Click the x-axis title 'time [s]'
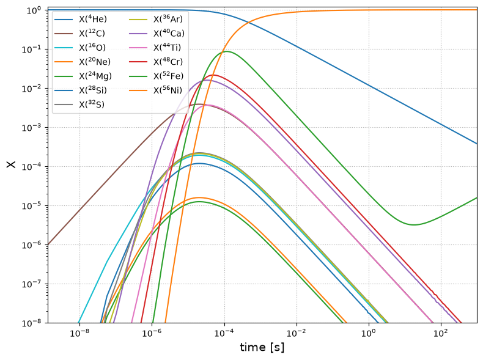[x=262, y=347]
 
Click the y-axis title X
[x=11, y=164]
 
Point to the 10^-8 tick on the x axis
[x=79, y=333]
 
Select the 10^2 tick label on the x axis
[x=441, y=333]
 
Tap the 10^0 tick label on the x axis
[x=369, y=333]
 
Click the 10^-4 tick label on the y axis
[x=33, y=166]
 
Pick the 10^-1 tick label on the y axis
[x=33, y=50]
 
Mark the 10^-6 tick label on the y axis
[x=33, y=245]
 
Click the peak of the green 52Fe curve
[x=226, y=51]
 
